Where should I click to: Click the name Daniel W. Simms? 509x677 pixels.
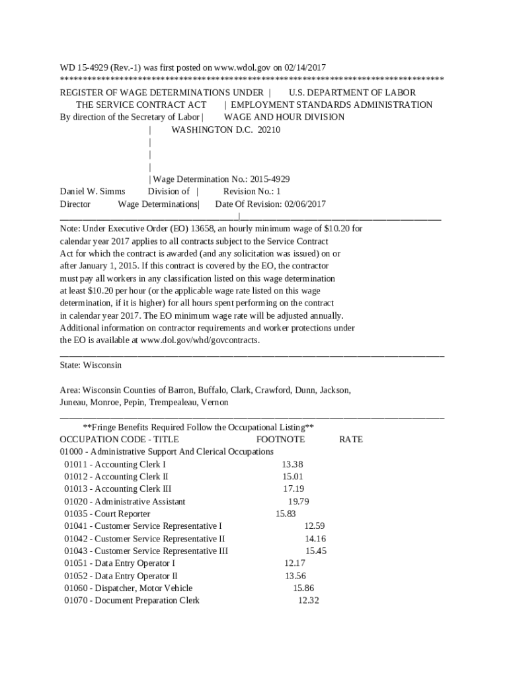pos(93,192)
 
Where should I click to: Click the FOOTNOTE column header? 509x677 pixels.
pos(280,440)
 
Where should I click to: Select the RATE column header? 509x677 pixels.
pos(351,440)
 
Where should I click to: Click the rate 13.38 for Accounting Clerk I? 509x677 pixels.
pos(292,465)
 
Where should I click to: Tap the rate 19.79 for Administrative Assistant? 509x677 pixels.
pos(299,502)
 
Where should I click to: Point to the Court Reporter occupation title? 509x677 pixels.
pos(122,514)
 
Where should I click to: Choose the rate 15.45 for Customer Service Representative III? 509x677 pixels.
pos(315,551)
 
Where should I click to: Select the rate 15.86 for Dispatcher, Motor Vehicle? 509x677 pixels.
pos(303,588)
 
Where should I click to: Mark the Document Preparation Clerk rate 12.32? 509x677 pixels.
pos(309,601)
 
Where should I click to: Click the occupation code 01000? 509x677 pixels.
pos(71,452)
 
